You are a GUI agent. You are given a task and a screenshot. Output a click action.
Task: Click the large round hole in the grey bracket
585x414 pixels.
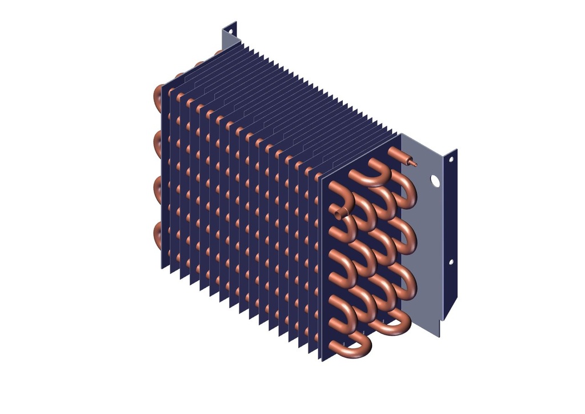tap(435, 181)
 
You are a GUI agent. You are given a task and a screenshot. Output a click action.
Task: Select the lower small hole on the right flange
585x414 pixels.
tap(451, 262)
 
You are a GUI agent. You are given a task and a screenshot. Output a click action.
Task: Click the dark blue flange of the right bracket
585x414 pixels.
tap(450, 229)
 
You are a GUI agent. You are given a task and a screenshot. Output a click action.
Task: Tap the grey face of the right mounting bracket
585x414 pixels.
tap(426, 240)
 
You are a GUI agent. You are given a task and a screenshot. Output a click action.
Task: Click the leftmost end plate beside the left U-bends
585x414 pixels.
tap(164, 177)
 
